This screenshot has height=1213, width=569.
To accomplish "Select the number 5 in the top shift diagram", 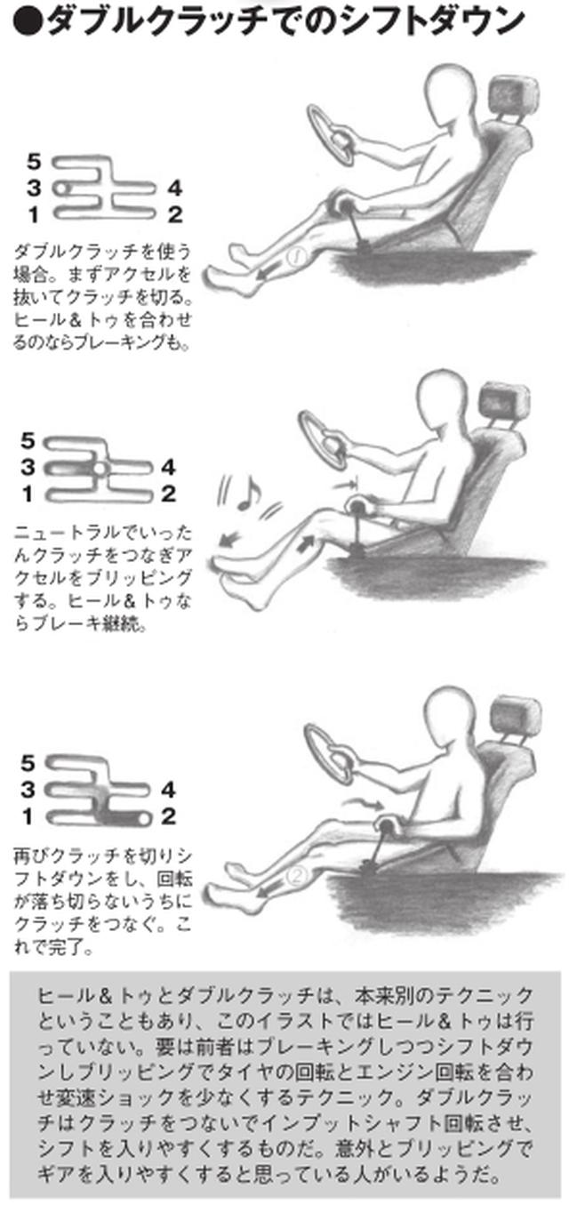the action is [34, 161].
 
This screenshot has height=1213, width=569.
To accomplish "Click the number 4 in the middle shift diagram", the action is [168, 467].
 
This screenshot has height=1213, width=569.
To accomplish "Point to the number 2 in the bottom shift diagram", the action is [168, 816].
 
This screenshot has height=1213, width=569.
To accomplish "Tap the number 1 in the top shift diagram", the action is [34, 215].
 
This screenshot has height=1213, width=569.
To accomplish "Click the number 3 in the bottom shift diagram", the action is [28, 790].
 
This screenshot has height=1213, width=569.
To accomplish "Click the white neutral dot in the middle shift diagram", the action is [100, 468].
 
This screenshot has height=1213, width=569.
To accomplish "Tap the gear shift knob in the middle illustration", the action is [357, 507].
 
